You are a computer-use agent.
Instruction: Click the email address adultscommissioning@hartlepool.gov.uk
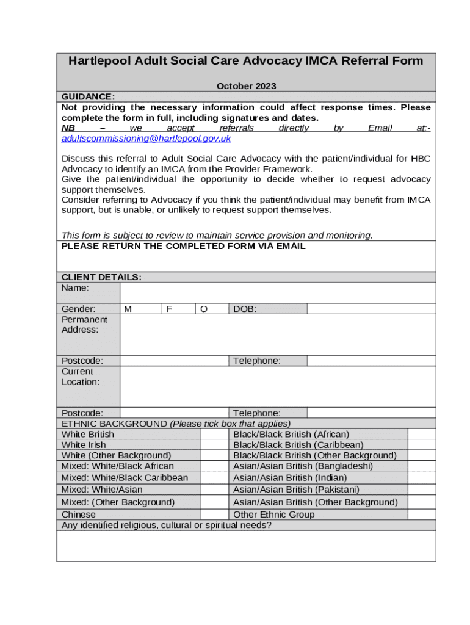pyautogui.click(x=146, y=139)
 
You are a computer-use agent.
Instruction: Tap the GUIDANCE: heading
pyautogui.click(x=88, y=96)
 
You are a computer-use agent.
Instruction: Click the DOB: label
pyautogui.click(x=245, y=309)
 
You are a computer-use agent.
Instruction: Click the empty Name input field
pyautogui.click(x=278, y=292)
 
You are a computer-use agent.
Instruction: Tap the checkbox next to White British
pyautogui.click(x=215, y=434)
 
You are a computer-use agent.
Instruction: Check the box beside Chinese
pyautogui.click(x=215, y=515)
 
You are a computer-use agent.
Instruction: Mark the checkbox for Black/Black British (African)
pyautogui.click(x=422, y=434)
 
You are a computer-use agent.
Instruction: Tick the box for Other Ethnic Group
pyautogui.click(x=422, y=515)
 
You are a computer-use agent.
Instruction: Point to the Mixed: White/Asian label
pyautogui.click(x=102, y=490)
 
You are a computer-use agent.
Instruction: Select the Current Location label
pyautogui.click(x=81, y=377)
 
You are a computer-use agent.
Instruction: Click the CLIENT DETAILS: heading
pyautogui.click(x=101, y=277)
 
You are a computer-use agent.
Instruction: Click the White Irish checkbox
pyautogui.click(x=215, y=445)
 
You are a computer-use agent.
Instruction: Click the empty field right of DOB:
pyautogui.click(x=371, y=309)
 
